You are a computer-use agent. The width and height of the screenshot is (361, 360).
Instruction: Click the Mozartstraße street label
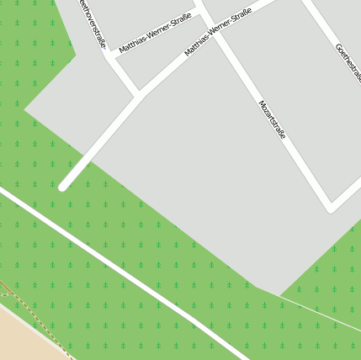click(x=272, y=119)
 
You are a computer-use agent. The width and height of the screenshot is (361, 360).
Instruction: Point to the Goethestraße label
click(x=348, y=62)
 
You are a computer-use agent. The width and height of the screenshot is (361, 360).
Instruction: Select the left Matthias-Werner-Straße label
click(x=155, y=33)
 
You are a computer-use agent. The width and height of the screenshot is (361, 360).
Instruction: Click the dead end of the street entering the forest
click(x=62, y=187)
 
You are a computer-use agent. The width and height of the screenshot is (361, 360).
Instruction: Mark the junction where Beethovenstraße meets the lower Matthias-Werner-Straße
click(x=138, y=93)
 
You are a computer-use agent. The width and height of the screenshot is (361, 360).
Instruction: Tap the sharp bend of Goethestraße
click(x=332, y=204)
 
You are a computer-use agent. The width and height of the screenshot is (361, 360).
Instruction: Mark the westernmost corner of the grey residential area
click(x=24, y=109)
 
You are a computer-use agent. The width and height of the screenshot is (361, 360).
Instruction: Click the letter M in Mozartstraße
click(x=261, y=104)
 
